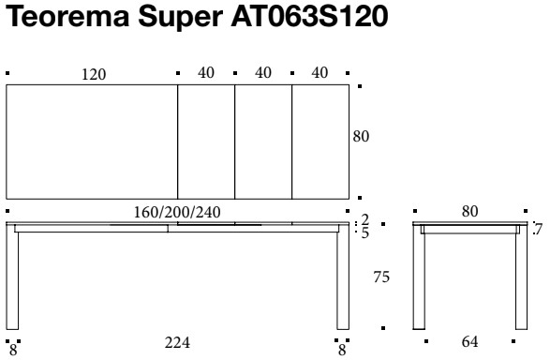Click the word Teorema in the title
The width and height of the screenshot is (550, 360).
click(67, 17)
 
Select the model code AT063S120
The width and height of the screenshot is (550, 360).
click(309, 17)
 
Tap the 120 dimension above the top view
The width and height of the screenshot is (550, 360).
click(94, 74)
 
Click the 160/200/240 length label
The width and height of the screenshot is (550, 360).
click(177, 212)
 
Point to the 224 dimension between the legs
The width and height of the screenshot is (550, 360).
click(177, 342)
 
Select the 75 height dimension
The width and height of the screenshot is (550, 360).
click(381, 277)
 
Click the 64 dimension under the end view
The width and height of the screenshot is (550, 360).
click(469, 341)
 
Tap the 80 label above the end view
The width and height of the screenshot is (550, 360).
click(469, 211)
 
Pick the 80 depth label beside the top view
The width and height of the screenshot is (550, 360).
click(361, 137)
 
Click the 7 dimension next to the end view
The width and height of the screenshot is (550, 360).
click(538, 230)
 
